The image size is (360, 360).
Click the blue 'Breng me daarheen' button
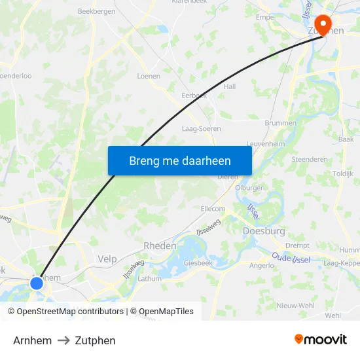point(179,160)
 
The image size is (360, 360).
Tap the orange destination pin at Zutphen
point(322,24)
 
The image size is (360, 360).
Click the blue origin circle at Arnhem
point(37,283)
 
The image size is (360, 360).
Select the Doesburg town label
point(264,231)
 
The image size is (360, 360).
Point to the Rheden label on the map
point(160,245)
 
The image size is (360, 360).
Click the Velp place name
point(107,259)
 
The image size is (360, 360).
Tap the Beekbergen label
point(96,11)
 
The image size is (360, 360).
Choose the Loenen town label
point(149,76)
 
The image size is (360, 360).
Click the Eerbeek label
point(194,95)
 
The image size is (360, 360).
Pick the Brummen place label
point(280,122)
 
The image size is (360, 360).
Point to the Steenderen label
point(309,158)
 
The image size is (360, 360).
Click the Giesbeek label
point(197,263)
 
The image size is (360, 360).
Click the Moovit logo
point(321,339)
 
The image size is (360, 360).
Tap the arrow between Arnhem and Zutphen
point(63,340)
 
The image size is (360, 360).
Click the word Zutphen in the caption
point(95,340)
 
